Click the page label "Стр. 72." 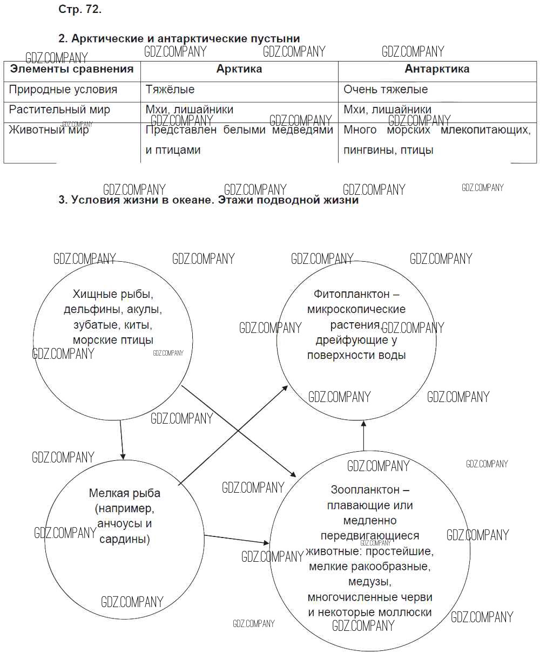[79, 10]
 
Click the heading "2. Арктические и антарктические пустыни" [179, 38]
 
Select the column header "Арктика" [239, 69]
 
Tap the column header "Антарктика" [437, 69]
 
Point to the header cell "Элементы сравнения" [72, 69]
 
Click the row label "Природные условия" [63, 90]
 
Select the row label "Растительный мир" [60, 110]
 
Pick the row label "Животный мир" [49, 130]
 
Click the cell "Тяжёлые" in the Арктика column [170, 90]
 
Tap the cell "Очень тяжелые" [386, 90]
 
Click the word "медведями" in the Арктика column [303, 130]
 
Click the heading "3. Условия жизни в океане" [208, 200]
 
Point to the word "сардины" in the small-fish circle [125, 539]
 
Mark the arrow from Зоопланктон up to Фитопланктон [363, 434]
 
